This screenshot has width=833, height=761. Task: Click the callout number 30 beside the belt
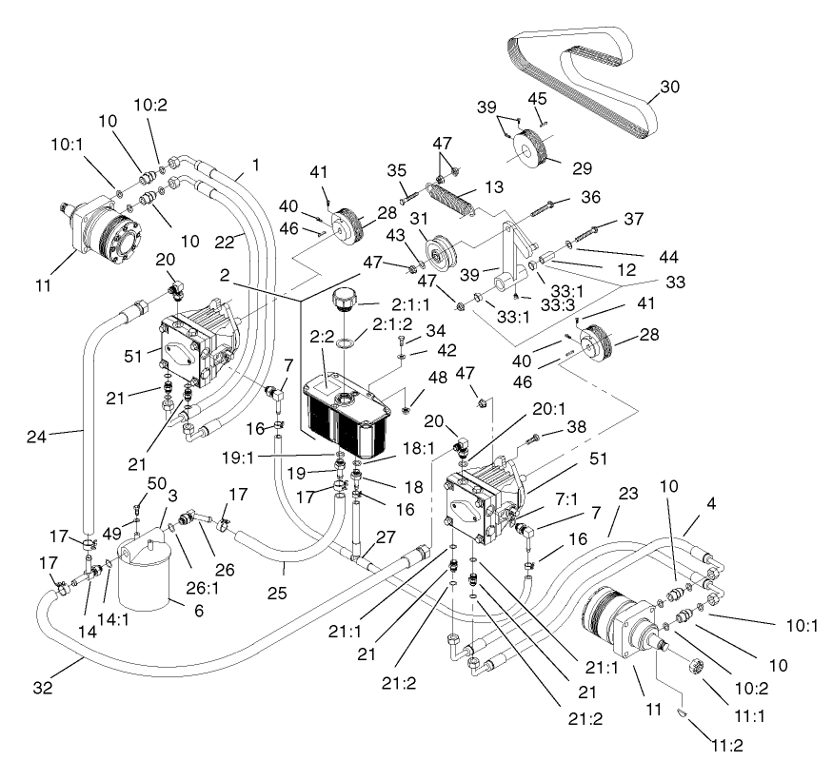click(670, 86)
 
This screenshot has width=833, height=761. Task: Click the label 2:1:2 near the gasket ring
click(392, 324)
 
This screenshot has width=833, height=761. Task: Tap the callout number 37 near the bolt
click(635, 220)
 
